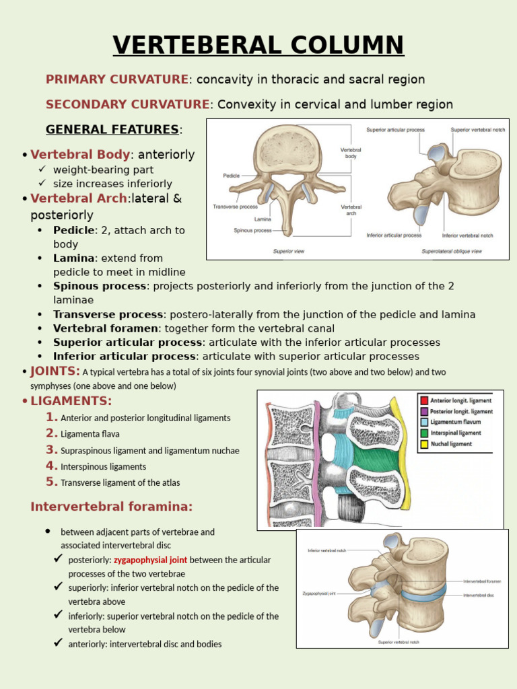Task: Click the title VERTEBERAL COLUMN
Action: tap(258, 45)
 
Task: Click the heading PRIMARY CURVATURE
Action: tap(117, 79)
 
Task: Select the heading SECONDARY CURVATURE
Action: tap(128, 104)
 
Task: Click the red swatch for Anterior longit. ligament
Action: tap(423, 400)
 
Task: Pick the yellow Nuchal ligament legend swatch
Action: tap(423, 444)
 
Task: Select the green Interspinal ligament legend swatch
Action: tap(423, 433)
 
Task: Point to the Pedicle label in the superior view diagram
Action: tap(231, 176)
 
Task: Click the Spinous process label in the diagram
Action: tap(252, 230)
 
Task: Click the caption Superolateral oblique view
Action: tap(452, 251)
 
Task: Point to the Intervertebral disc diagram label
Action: tap(479, 595)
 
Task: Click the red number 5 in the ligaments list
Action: tap(52, 482)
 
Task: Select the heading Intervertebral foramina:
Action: tap(112, 507)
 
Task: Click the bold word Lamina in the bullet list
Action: tap(74, 258)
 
